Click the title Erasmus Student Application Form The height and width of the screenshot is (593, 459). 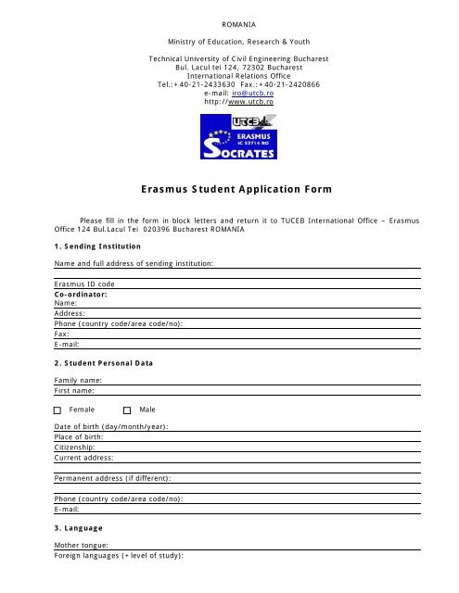(230, 190)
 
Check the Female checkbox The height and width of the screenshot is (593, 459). (57, 409)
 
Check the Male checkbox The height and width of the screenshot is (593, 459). (127, 409)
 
